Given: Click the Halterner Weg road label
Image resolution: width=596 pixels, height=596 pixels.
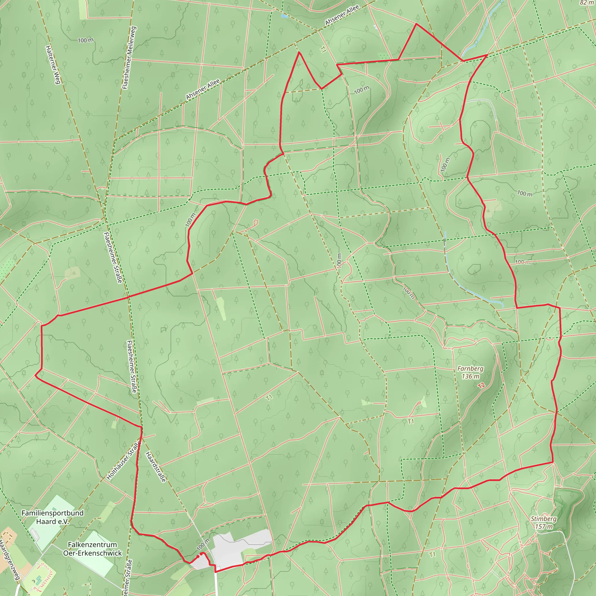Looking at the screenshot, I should tap(53, 65).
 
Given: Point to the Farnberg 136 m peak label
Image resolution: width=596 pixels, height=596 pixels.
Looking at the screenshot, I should tap(470, 372).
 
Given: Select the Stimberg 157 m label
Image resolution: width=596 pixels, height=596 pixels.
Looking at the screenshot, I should tap(544, 523).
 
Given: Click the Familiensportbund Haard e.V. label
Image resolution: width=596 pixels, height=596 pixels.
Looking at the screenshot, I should tap(52, 517).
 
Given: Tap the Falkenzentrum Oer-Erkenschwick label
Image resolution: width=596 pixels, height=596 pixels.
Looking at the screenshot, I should tap(93, 549).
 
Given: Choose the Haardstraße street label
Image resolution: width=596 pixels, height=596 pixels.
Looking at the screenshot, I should tap(156, 467).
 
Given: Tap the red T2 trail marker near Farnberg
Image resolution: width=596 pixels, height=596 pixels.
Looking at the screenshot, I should tap(482, 385).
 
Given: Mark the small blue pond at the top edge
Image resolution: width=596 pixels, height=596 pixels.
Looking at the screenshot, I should tap(284, 15).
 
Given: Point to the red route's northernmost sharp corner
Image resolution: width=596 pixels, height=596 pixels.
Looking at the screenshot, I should tap(416, 24).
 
